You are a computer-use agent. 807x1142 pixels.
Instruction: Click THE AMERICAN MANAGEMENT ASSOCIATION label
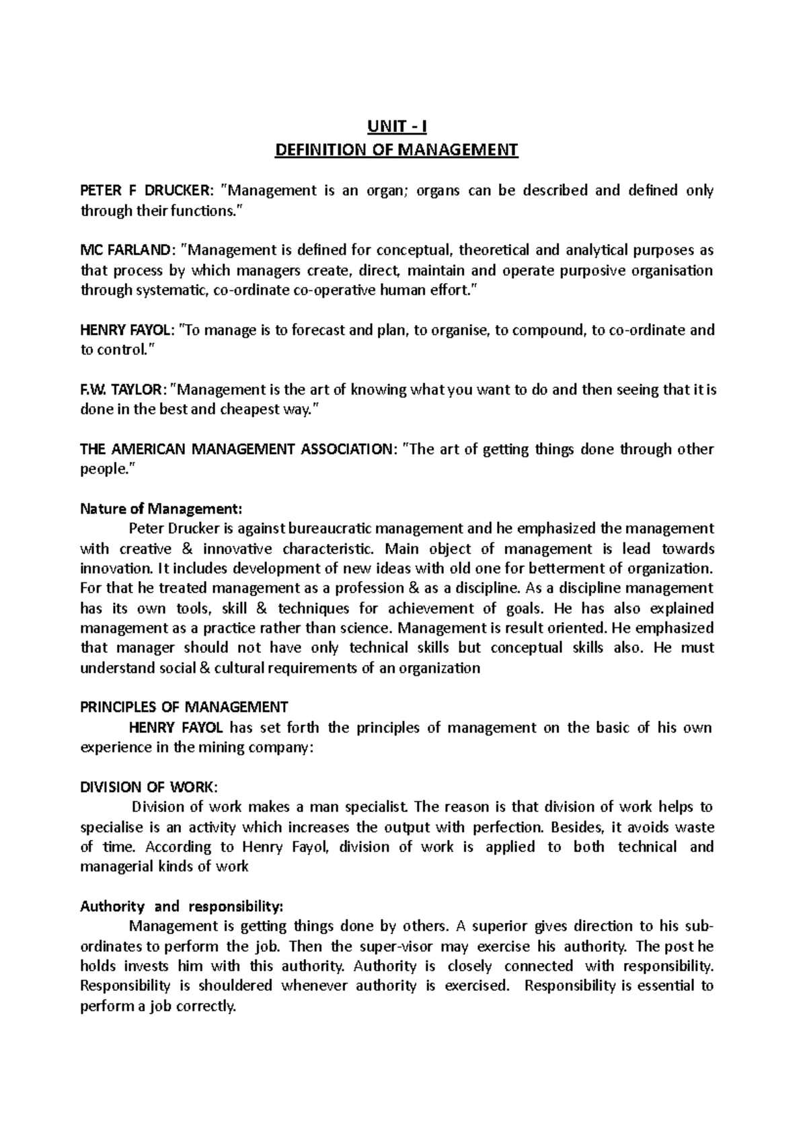click(234, 449)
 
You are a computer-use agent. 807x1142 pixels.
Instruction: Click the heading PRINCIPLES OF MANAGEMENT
click(184, 707)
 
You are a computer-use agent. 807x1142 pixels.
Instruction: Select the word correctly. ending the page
click(205, 1007)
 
